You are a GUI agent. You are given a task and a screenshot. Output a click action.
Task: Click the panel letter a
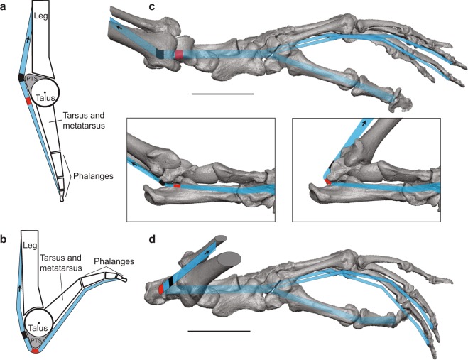pyautogui.click(x=5, y=6)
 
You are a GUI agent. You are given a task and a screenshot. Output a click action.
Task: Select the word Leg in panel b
pyautogui.click(x=28, y=246)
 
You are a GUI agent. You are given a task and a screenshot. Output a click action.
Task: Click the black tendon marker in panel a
pyautogui.click(x=22, y=76)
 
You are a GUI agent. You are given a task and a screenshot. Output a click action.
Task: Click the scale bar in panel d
pyautogui.click(x=219, y=331)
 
